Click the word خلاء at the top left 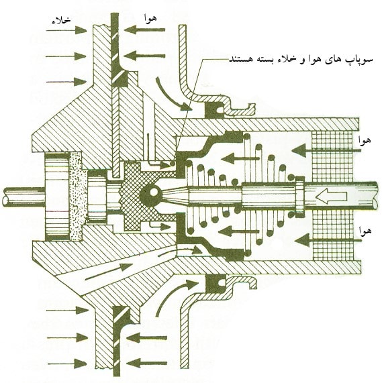[x=61, y=21]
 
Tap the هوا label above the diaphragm [x=150, y=19]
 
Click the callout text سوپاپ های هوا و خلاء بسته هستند [x=301, y=59]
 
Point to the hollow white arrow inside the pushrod [x=332, y=196]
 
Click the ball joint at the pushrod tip [x=150, y=193]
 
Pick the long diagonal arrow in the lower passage [x=109, y=272]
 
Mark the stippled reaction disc [x=78, y=196]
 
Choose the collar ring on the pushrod [x=300, y=196]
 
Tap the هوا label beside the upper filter [x=364, y=140]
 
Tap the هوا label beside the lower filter [x=365, y=230]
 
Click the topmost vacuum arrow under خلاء [x=66, y=31]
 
